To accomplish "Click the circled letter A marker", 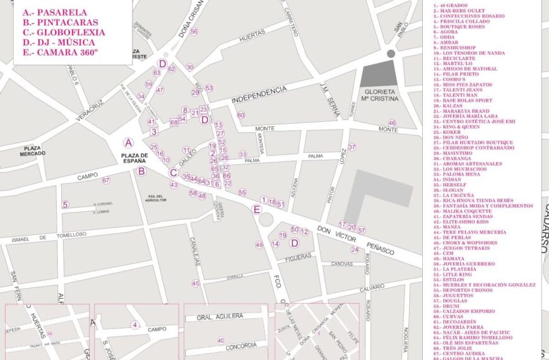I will [129, 143].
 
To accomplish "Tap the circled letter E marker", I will [256, 210].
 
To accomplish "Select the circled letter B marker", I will [141, 171].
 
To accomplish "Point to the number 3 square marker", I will [154, 132].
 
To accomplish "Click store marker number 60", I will [240, 115].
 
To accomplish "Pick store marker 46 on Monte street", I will [392, 123].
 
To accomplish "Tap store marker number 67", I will [106, 181].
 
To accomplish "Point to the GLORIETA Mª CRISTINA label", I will [379, 94].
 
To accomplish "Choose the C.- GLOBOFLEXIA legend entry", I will [63, 32].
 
